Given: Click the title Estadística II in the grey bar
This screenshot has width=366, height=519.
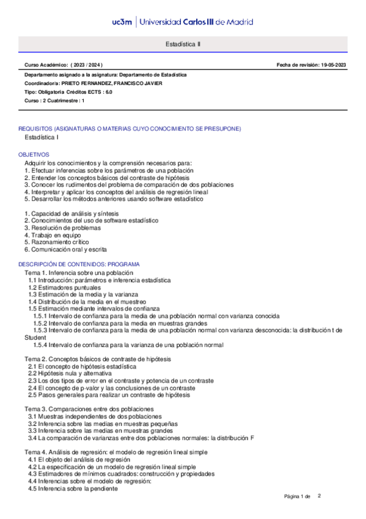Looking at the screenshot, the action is point(183,45).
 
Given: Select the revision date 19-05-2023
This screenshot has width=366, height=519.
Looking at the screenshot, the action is point(333,64).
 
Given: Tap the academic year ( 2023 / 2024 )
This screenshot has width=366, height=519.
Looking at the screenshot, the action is point(87,64).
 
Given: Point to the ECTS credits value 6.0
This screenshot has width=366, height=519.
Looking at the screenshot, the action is point(108,91).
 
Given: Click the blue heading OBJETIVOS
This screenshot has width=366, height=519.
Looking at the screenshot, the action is point(34,155).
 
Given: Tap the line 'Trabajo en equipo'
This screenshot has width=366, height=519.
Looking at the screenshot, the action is point(51,234).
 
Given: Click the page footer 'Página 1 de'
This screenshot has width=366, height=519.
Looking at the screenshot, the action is point(298,496).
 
